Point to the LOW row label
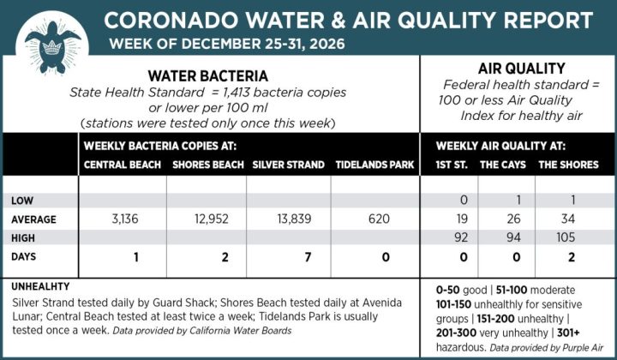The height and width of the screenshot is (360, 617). point(23,201)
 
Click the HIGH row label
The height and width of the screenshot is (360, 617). point(25,237)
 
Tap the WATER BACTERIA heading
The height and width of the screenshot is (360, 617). point(208,76)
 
